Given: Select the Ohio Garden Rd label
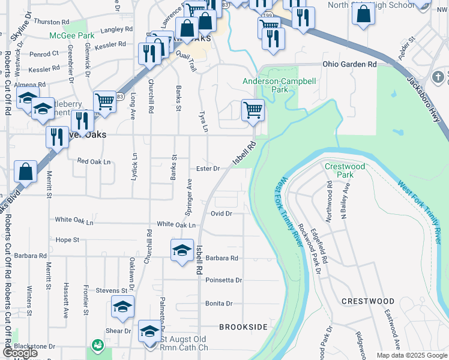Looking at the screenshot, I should point(349,64).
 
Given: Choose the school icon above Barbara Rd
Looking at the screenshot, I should point(182,250).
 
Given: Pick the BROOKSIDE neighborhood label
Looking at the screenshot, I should point(243,327).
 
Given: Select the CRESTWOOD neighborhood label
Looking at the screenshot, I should point(368,301).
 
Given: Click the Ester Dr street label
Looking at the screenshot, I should point(208,169).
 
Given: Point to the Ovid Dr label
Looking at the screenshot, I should point(221,213).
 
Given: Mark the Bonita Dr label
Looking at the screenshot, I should point(218,304).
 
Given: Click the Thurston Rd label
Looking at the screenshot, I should point(47,22).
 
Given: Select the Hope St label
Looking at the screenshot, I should point(67,240).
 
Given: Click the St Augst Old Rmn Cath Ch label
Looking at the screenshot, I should point(183,343).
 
